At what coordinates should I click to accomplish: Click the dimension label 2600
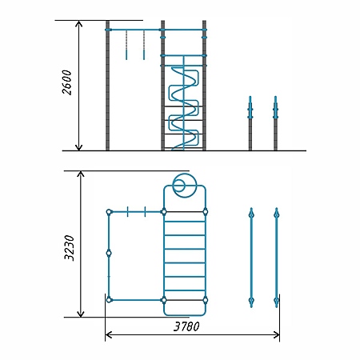pyautogui.click(x=67, y=82)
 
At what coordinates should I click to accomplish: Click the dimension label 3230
pyautogui.click(x=70, y=248)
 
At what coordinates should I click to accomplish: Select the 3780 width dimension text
pyautogui.click(x=186, y=326)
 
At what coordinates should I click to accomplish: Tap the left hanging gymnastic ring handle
pyautogui.click(x=126, y=54)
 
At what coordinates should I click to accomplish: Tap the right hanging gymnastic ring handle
pyautogui.click(x=144, y=54)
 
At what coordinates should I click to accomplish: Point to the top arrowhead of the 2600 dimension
pyautogui.click(x=78, y=23)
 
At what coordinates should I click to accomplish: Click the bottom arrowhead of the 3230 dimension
pyautogui.click(x=81, y=314)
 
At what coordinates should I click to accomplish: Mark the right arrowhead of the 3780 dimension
pyautogui.click(x=276, y=335)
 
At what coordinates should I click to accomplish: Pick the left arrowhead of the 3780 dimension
pyautogui.click(x=109, y=335)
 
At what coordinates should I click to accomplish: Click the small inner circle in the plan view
pyautogui.click(x=178, y=186)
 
